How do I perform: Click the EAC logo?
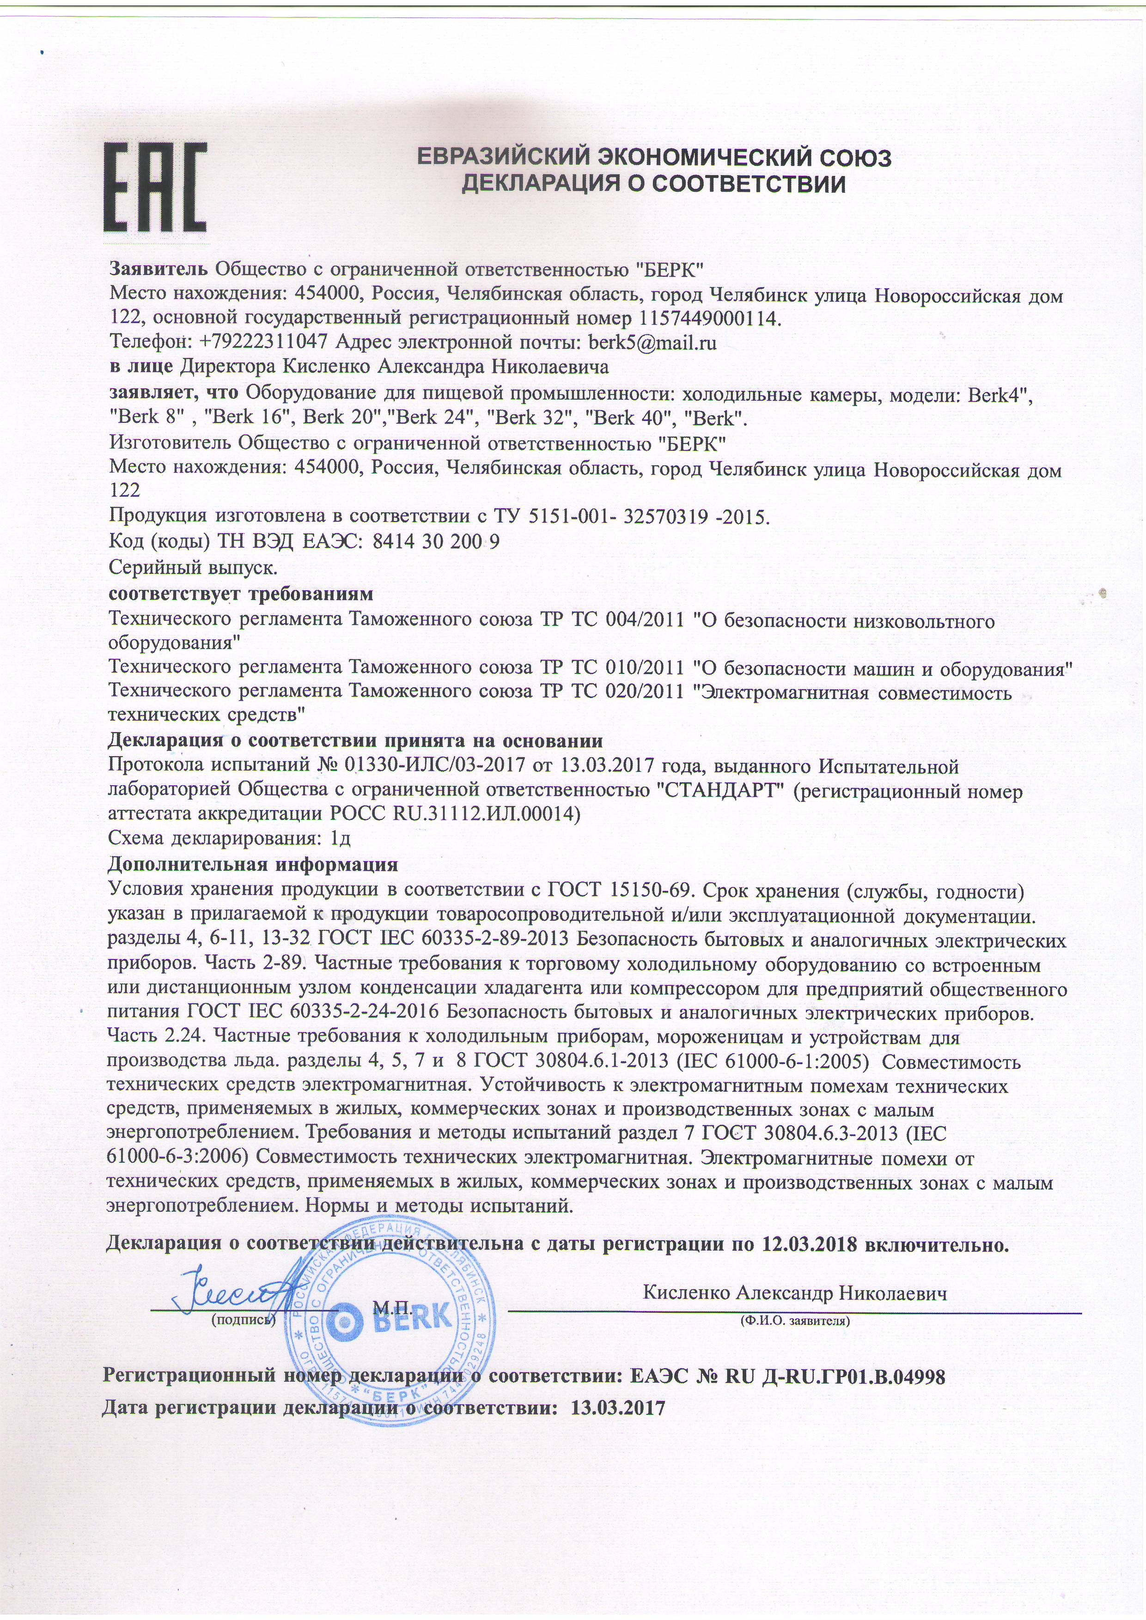pos(155,187)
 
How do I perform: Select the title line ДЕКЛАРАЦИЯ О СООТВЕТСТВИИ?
pos(653,185)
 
